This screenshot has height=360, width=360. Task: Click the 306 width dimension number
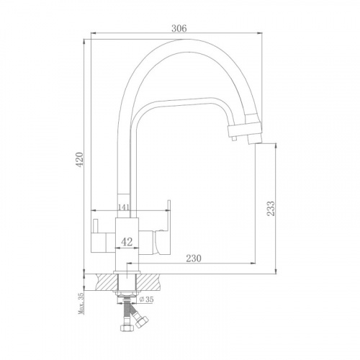pos(179,28)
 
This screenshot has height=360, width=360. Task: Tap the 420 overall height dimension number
pos(79,159)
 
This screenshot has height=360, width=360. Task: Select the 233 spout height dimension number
pos(271,209)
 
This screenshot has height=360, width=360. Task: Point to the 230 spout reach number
pos(194,258)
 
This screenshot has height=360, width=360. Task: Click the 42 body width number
pos(127,242)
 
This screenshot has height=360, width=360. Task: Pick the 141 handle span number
pos(124,207)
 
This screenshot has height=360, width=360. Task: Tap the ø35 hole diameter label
pos(146,300)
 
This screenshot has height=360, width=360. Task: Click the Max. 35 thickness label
pos(81,303)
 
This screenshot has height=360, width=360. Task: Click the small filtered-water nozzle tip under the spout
pos(234,139)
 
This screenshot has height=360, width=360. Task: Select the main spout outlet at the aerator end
pos(254,140)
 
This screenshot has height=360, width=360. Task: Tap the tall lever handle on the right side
pos(168,215)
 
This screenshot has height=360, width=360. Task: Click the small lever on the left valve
pos(96,226)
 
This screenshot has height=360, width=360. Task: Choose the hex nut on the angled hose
pos(142,322)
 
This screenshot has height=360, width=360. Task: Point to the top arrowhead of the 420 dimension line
pos(84,42)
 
